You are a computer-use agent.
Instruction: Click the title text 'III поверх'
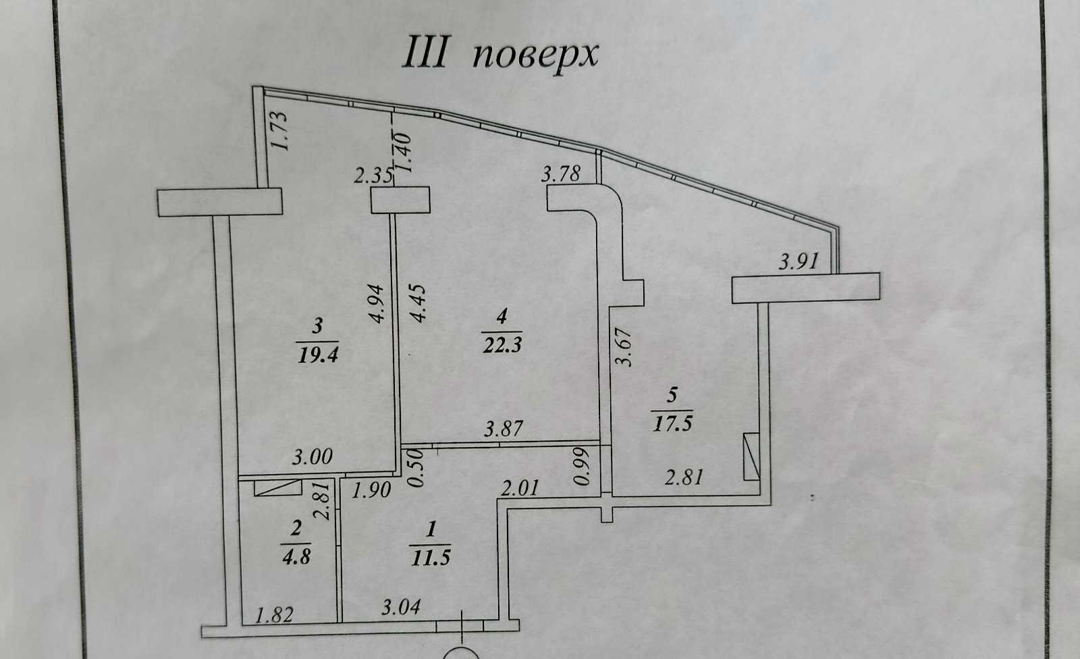click(x=500, y=53)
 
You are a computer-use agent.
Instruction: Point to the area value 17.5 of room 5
click(x=672, y=423)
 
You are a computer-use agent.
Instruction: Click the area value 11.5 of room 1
click(x=431, y=558)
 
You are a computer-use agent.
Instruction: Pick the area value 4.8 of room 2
click(x=296, y=557)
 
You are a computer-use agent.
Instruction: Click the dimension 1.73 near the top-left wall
click(x=279, y=131)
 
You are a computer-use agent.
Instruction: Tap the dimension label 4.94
click(x=375, y=304)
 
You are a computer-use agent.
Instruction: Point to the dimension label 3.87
click(x=504, y=428)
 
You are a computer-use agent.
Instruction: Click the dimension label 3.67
click(x=624, y=347)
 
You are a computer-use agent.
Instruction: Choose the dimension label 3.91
click(x=799, y=261)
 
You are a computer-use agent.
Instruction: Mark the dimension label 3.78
click(x=561, y=174)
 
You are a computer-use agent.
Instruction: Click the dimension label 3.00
click(x=313, y=456)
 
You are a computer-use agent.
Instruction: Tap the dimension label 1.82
click(x=274, y=615)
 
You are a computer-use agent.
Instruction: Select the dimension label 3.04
click(x=401, y=607)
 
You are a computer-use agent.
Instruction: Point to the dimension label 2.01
click(x=519, y=488)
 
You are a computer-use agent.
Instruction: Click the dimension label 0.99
click(x=582, y=467)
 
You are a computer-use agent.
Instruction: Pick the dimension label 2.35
click(x=373, y=176)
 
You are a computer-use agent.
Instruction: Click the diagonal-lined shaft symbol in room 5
click(x=751, y=456)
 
